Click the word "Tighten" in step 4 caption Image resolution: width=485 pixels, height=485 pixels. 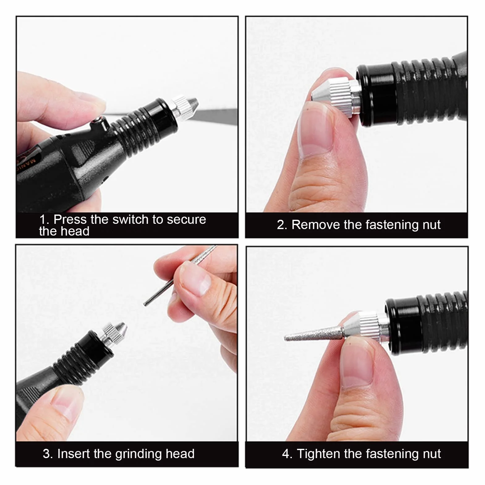(318, 453)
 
